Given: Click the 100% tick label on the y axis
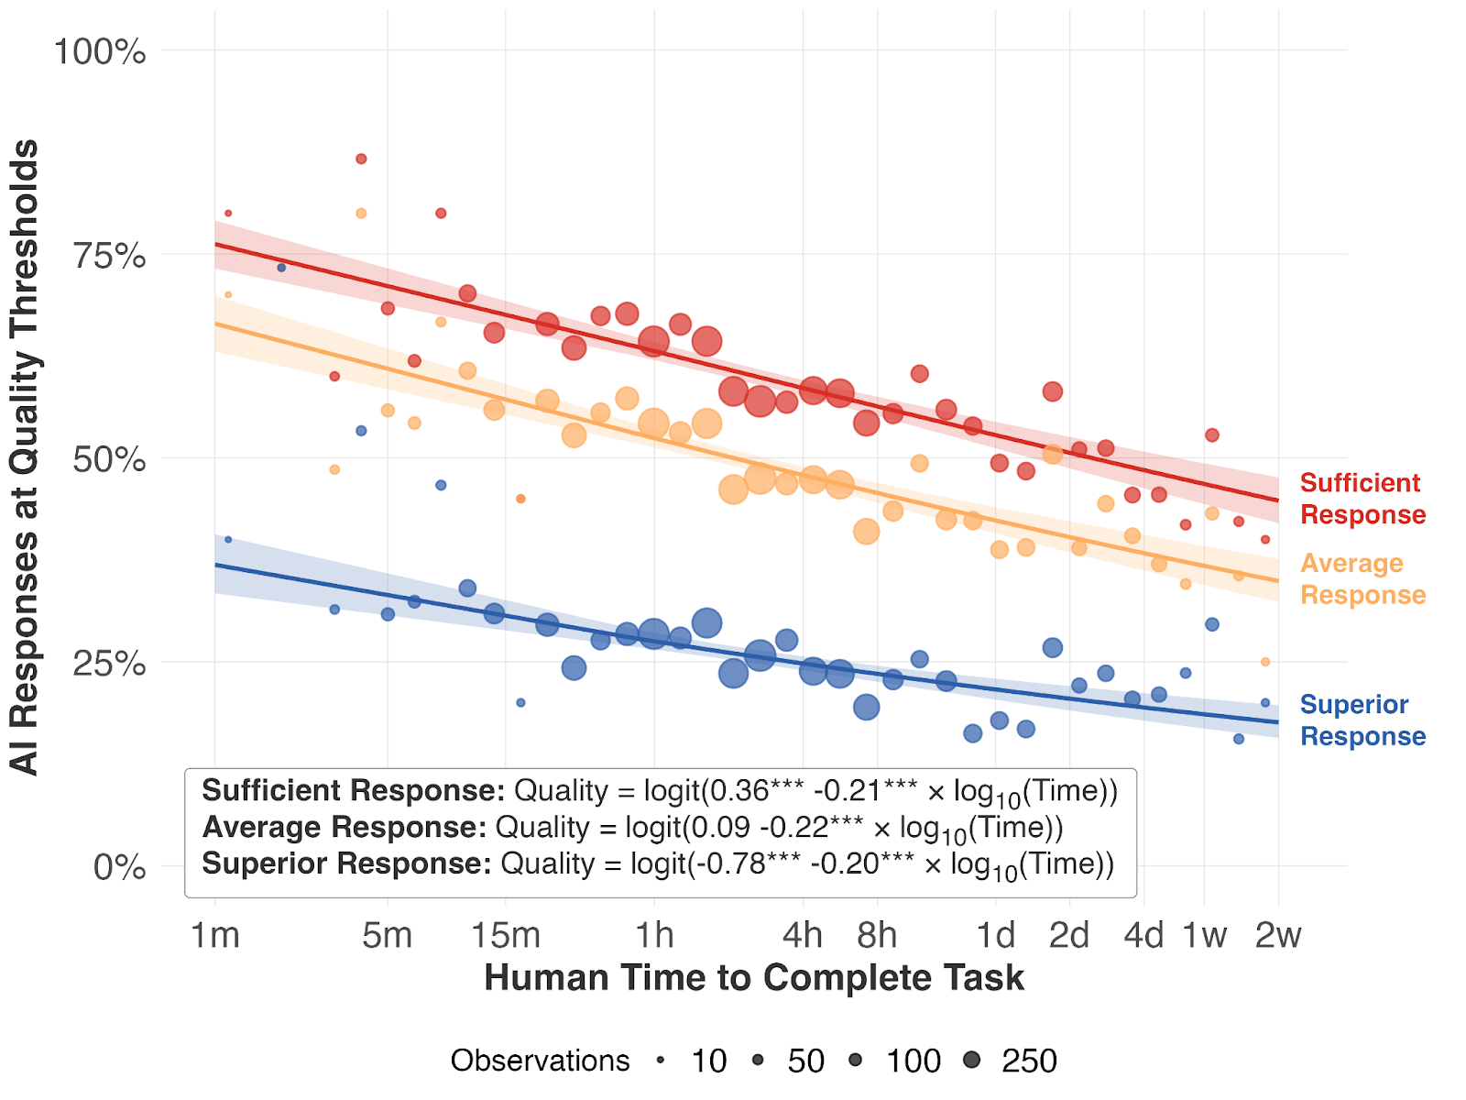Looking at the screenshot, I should click(100, 51).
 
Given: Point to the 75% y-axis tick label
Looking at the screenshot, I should click(109, 256).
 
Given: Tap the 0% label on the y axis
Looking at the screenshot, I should click(119, 866).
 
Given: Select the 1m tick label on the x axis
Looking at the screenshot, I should click(215, 935).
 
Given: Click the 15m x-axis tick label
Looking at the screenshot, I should click(506, 935).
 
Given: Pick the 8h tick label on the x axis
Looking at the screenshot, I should click(877, 935).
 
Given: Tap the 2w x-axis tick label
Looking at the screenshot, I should click(1278, 935).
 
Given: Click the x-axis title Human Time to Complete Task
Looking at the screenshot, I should click(753, 978).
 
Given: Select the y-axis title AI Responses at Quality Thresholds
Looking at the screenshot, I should click(25, 456).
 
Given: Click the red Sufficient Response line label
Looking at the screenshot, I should click(1362, 499).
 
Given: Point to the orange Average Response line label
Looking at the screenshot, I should click(1362, 578).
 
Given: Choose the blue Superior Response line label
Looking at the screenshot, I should click(1362, 720).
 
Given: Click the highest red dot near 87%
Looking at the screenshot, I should click(361, 159).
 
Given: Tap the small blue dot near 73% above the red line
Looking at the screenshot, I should click(281, 268).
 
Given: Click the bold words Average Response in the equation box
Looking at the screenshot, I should click(344, 827).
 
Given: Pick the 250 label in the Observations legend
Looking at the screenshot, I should click(1029, 1061).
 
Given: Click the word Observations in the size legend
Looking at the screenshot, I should click(540, 1061).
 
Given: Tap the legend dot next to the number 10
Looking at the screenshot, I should click(661, 1061).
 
